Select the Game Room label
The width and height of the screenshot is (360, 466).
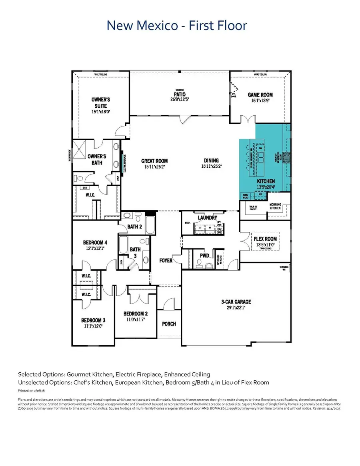pyautogui.click(x=260, y=95)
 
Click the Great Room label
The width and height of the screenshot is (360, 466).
pyautogui.click(x=153, y=161)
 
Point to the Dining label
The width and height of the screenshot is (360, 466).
pyautogui.click(x=211, y=161)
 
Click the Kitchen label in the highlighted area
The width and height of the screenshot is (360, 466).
pyautogui.click(x=266, y=181)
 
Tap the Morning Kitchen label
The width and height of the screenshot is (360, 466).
pyautogui.click(x=275, y=206)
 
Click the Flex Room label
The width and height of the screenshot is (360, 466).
pyautogui.click(x=265, y=239)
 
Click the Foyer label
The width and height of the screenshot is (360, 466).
pyautogui.click(x=166, y=261)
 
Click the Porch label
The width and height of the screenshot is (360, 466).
pyautogui.click(x=169, y=323)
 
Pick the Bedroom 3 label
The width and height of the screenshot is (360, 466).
pyautogui.click(x=93, y=320)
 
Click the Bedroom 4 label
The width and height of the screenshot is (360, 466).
pyautogui.click(x=95, y=242)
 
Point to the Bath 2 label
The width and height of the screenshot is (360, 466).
pyautogui.click(x=135, y=227)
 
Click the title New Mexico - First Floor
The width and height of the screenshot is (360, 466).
pyautogui.click(x=177, y=26)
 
